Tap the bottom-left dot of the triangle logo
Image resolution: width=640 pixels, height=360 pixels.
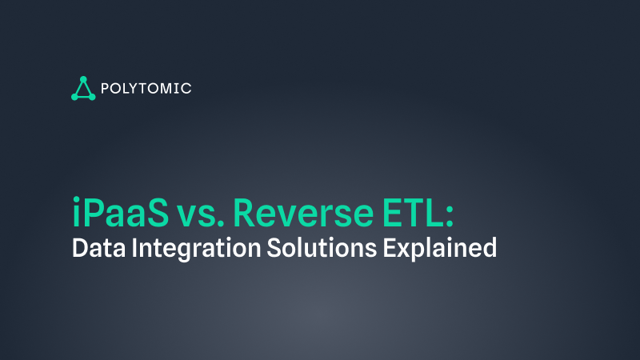click(74, 97)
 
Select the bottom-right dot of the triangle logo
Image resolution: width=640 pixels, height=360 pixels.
click(93, 97)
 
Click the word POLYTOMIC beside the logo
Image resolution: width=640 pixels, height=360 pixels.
click(147, 88)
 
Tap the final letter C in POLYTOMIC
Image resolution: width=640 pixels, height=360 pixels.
click(186, 88)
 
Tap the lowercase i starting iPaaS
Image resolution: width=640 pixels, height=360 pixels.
click(75, 211)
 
